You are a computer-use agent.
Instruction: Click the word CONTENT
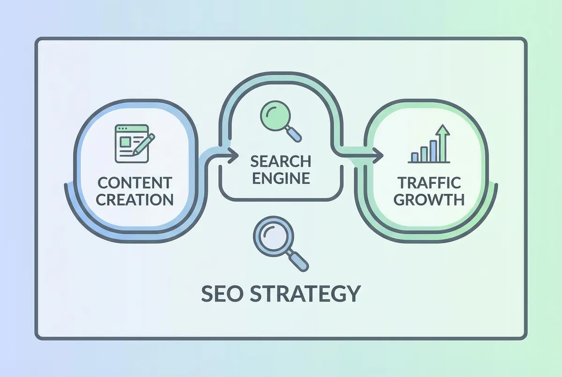135,183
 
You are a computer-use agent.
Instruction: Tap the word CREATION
135,200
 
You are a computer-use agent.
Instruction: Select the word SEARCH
281,161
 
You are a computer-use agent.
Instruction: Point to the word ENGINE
281,178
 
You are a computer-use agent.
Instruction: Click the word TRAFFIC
429,183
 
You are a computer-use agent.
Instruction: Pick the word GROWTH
429,200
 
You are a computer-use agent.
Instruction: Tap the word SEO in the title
222,294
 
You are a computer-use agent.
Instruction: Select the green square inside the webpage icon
125,142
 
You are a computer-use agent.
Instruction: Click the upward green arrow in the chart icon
443,143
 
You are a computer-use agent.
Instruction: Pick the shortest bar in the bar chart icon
415,157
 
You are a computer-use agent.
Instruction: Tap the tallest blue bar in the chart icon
433,151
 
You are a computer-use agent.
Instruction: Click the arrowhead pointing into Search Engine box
232,155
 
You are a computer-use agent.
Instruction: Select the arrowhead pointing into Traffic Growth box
377,155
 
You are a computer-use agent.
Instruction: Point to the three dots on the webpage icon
123,129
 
